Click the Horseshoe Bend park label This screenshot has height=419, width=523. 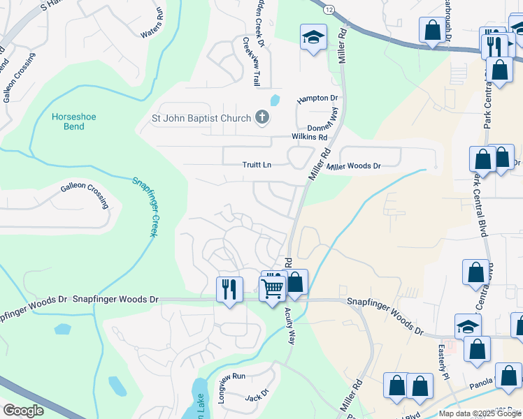click(69, 122)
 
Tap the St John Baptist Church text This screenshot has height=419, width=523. click(201, 118)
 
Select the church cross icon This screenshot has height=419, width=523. click(262, 117)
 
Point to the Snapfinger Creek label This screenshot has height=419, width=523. click(145, 206)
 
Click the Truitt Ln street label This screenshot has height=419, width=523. click(255, 165)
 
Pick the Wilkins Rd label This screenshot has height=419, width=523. click(309, 137)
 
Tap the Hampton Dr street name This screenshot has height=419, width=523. click(317, 99)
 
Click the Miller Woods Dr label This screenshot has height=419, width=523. click(354, 166)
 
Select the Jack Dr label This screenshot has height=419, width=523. click(257, 397)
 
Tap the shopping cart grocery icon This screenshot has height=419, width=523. click(272, 287)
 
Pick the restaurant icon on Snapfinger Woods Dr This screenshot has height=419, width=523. click(229, 288)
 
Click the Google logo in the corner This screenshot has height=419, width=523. click(24, 410)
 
